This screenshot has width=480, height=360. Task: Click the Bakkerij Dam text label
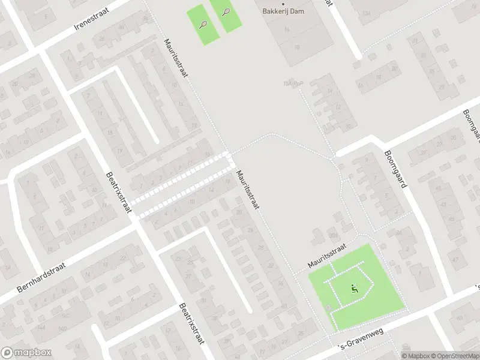284,11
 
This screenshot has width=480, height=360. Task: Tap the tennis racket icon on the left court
203,25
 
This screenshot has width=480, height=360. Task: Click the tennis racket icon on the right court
226,11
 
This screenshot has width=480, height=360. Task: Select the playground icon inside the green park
354,289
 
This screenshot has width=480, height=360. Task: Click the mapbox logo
26,353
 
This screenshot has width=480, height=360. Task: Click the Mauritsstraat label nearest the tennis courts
176,58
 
